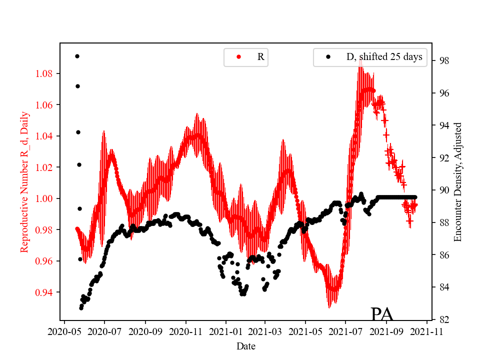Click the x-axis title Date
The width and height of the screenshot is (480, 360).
(246, 345)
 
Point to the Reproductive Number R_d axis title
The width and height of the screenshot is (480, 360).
(24, 182)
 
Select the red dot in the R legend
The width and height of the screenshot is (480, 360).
(238, 57)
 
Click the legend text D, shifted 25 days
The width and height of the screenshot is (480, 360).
(384, 57)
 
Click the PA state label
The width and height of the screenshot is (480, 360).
(381, 314)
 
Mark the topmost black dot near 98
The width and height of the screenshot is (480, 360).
(77, 56)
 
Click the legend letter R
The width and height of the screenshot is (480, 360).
(260, 57)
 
